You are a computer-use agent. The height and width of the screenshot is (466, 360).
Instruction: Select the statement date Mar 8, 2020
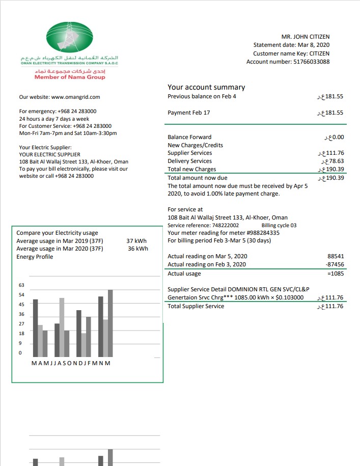[x=311, y=45]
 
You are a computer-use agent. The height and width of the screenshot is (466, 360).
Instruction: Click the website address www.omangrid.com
[x=75, y=97]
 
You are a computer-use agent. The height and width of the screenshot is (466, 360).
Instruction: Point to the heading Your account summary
[x=206, y=87]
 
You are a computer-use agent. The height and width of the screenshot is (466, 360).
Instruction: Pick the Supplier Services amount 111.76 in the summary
[x=334, y=153]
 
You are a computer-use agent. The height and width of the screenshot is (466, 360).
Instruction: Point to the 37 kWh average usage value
[x=136, y=241]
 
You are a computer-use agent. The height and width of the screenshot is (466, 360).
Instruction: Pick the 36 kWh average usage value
[x=138, y=249]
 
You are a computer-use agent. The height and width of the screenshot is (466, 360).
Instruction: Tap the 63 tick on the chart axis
[x=21, y=285]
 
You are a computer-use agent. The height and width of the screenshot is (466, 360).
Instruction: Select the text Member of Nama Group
[x=70, y=77]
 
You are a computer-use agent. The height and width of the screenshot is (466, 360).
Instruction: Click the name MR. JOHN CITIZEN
[x=305, y=37]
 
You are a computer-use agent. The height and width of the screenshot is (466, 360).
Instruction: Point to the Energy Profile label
[x=35, y=257]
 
